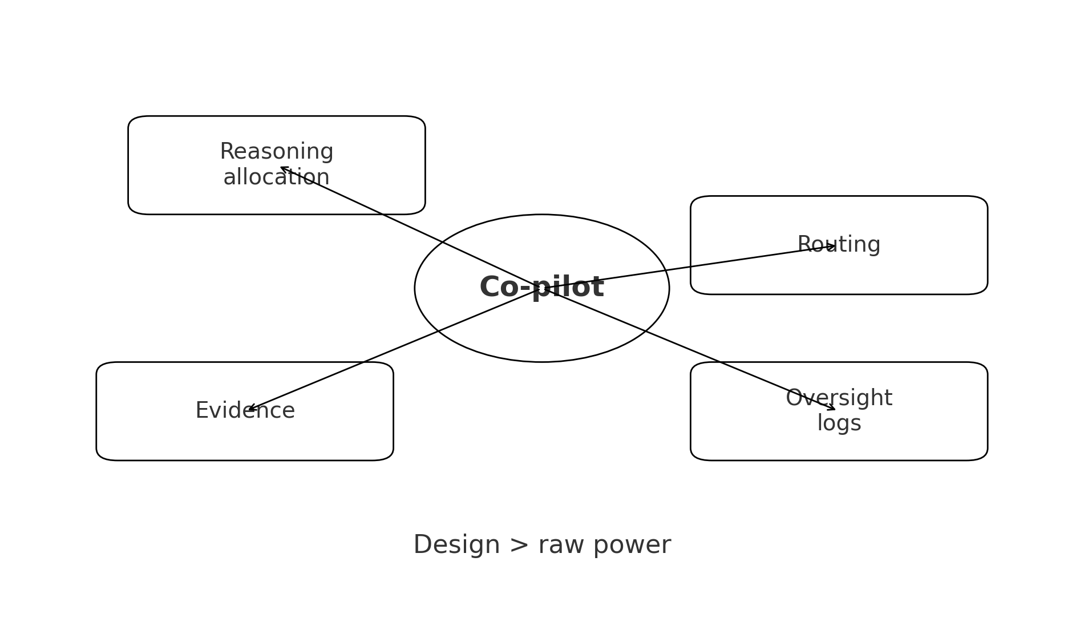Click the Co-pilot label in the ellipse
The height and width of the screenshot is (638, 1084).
pyautogui.click(x=541, y=287)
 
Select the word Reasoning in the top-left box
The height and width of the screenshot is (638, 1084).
pyautogui.click(x=276, y=152)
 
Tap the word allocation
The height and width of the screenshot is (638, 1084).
pyautogui.click(x=276, y=177)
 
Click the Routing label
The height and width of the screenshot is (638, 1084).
pyautogui.click(x=838, y=245)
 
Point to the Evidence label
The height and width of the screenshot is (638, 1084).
pyautogui.click(x=245, y=411)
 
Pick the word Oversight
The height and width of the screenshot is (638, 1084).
pyautogui.click(x=838, y=398)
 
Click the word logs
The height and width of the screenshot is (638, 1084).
pyautogui.click(x=839, y=423)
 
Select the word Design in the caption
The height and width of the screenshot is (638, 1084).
pyautogui.click(x=456, y=545)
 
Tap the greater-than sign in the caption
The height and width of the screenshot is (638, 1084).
pyautogui.click(x=519, y=546)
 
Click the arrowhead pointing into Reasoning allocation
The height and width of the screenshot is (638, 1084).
pyautogui.click(x=283, y=168)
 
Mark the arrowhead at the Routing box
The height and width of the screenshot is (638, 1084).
pyautogui.click(x=832, y=247)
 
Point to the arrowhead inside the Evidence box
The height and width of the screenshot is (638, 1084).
pyautogui.click(x=250, y=409)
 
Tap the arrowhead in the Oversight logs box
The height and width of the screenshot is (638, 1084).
pyautogui.click(x=832, y=408)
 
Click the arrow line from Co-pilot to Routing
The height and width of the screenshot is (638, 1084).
pyautogui.click(x=685, y=268)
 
